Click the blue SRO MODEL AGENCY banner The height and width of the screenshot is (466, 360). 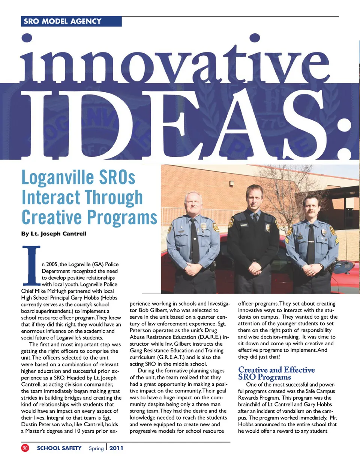point(71,21)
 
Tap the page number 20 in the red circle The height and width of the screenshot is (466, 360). point(25,448)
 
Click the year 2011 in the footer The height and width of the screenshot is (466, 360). point(116,448)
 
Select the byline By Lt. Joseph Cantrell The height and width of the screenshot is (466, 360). point(54,234)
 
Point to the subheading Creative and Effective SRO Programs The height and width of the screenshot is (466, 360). point(276,373)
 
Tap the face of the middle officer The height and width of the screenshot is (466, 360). point(255,198)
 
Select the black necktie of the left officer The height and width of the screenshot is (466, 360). point(194,240)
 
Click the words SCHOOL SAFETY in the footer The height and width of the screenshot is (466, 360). point(59,448)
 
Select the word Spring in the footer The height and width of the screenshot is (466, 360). point(96,448)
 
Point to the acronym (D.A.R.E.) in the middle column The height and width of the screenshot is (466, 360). point(210,337)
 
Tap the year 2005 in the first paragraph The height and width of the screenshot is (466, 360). point(52,264)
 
